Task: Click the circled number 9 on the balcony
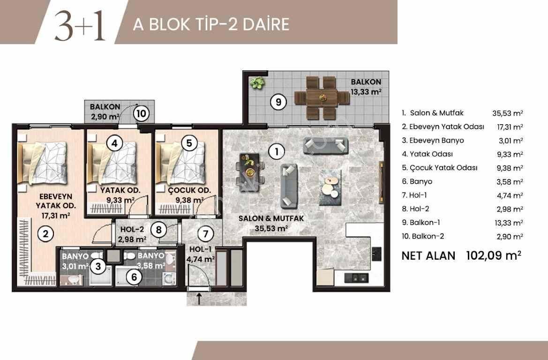point(278,102)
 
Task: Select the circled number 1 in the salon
point(277,151)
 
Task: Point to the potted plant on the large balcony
point(256,84)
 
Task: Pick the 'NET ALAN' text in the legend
point(428,255)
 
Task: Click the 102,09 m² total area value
point(494,255)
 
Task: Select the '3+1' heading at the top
point(80,26)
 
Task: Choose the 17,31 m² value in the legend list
point(510,127)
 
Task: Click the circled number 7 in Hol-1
point(203,233)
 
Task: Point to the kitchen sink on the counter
point(355,277)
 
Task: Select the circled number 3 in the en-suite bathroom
point(98,267)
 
